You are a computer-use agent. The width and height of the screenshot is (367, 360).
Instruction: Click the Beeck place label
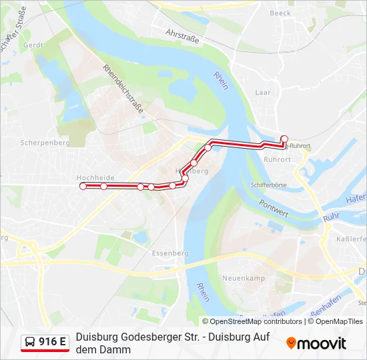pos(280,13)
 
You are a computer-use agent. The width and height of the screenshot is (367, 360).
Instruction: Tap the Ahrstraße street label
pos(182,35)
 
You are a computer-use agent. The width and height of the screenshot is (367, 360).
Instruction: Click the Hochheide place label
pos(95,178)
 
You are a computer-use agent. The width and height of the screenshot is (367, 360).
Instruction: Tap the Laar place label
pos(263,93)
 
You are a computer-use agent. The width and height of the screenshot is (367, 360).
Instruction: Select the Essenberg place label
pos(170,253)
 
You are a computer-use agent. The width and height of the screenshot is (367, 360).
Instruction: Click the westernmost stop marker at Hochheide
pos(83,187)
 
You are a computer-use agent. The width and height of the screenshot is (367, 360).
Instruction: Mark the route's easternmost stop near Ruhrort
pos(284,139)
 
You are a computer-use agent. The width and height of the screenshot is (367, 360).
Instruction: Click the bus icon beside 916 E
pos(31,343)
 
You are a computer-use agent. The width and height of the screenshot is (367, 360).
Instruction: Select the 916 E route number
pos(53,343)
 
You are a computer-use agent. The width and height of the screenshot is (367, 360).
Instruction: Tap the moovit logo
pos(316,343)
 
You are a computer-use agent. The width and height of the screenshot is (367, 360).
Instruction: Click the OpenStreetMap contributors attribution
pos(252,321)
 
